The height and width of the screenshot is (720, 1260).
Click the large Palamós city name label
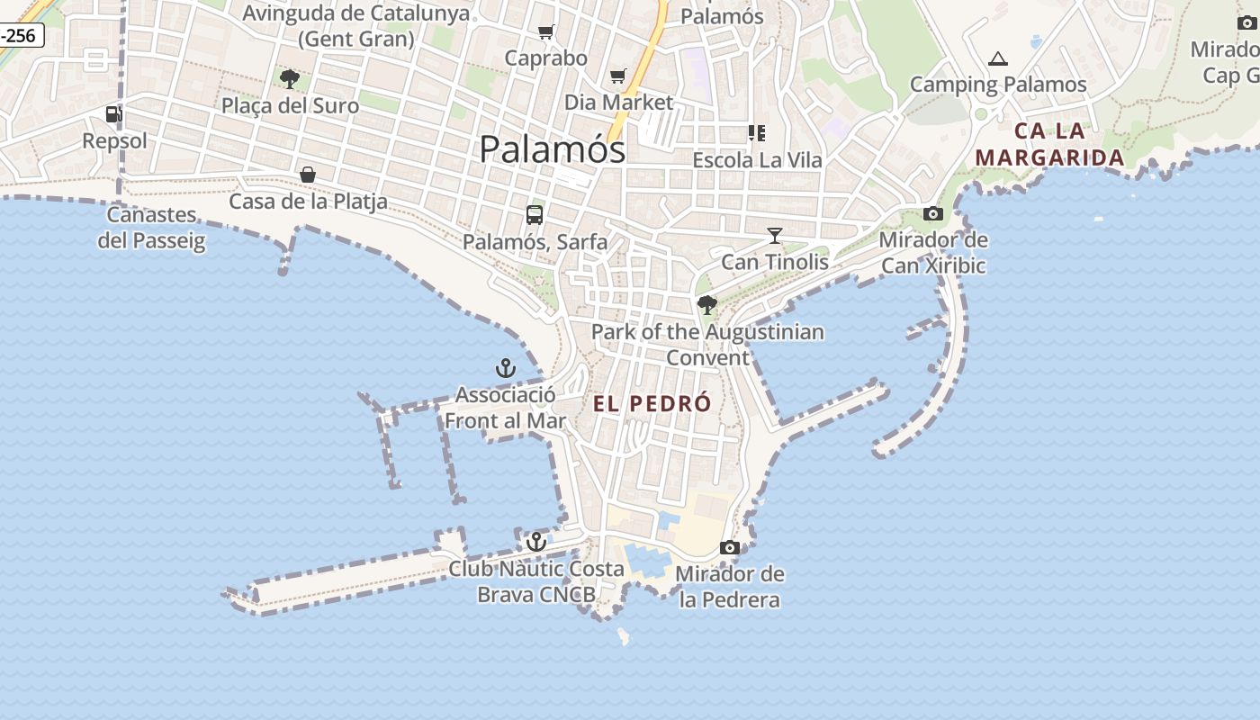click(552, 148)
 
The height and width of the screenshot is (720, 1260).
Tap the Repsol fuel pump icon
click(113, 114)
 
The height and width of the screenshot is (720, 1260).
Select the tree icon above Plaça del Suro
click(289, 79)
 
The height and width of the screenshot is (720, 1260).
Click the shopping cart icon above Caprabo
click(545, 32)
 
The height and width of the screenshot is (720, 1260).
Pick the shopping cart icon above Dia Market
click(617, 76)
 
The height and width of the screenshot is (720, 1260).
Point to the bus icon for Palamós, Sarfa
click(535, 215)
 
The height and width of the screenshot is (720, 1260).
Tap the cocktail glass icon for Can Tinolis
click(774, 236)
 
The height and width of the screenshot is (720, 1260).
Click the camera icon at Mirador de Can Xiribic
click(933, 214)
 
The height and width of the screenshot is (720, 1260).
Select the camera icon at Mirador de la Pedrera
click(730, 547)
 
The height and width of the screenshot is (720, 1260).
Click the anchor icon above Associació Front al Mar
click(505, 368)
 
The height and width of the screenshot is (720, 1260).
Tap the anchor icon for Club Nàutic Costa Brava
click(536, 542)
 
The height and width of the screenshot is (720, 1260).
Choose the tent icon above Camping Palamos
click(997, 59)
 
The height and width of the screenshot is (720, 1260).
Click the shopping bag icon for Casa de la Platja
click(308, 174)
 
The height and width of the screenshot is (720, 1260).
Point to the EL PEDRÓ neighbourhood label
click(652, 404)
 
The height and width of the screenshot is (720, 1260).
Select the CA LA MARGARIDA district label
click(1049, 144)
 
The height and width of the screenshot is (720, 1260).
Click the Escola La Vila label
click(757, 160)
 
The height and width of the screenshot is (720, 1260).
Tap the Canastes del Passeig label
click(151, 228)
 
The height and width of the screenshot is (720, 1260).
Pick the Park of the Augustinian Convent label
click(707, 345)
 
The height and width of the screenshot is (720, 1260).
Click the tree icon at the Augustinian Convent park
click(707, 305)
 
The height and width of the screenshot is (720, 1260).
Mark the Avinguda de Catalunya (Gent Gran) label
click(356, 26)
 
